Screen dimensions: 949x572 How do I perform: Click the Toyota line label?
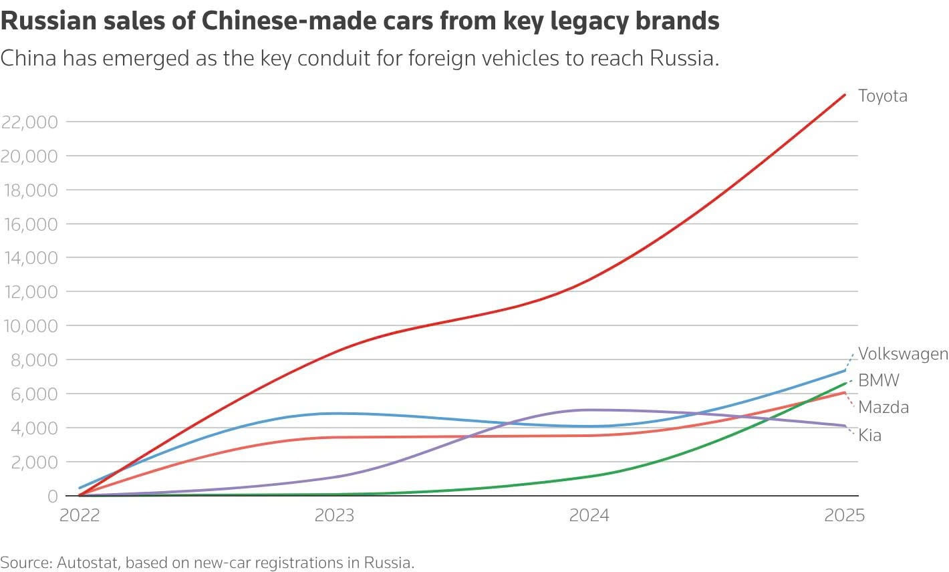883,96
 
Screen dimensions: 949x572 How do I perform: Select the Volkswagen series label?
904,353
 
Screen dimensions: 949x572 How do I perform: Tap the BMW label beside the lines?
879,380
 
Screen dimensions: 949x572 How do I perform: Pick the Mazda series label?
884,407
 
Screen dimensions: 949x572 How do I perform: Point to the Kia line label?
869,435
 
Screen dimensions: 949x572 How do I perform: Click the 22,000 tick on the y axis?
29,122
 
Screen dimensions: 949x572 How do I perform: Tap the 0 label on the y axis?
53,496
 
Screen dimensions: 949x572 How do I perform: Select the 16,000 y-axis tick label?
31,224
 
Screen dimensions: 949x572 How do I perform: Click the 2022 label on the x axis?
80,515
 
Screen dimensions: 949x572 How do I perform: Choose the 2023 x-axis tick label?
334,515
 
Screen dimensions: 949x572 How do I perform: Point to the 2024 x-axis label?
589,515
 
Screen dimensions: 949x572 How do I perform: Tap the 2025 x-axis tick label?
844,515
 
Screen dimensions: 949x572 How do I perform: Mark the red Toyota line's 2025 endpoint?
845,95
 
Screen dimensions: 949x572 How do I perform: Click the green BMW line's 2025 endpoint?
845,384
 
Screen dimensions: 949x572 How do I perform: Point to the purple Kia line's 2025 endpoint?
845,426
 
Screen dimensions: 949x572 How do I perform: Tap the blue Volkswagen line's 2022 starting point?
80,488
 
